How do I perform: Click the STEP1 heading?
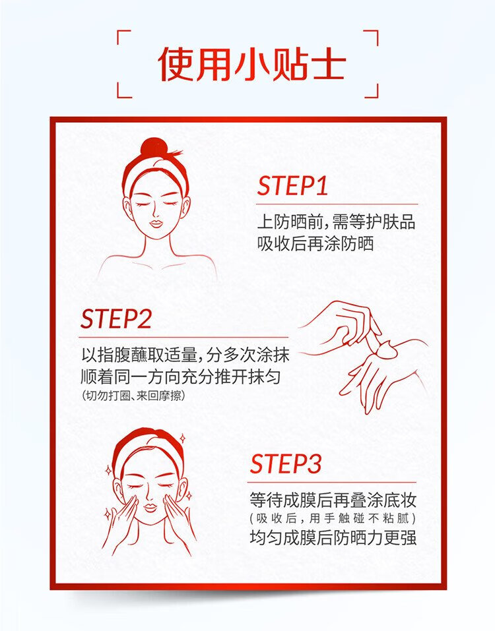pyautogui.click(x=292, y=185)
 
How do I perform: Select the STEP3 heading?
pyautogui.click(x=286, y=464)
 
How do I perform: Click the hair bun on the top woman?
pyautogui.click(x=152, y=149)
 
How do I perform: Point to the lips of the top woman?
pyautogui.click(x=156, y=223)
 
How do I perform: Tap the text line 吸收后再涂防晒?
pyautogui.click(x=315, y=244)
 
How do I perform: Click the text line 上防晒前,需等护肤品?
pyautogui.click(x=337, y=222)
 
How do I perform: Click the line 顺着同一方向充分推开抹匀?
pyautogui.click(x=181, y=376)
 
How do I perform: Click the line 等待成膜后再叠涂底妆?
pyautogui.click(x=333, y=500)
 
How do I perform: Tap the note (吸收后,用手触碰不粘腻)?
pyautogui.click(x=333, y=518)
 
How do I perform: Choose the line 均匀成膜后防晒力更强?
pyautogui.click(x=333, y=537)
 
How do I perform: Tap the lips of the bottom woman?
pyautogui.click(x=149, y=507)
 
